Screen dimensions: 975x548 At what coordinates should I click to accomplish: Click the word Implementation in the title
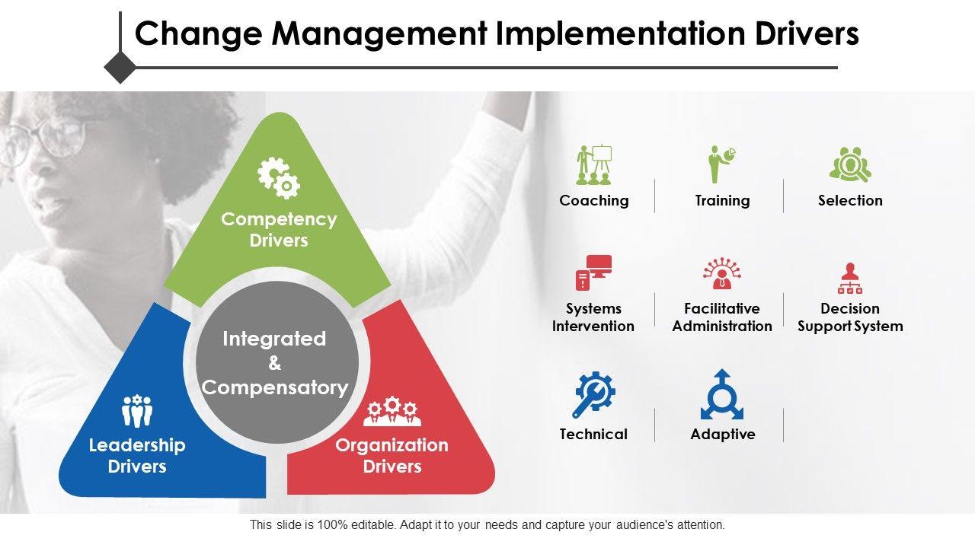click(621, 34)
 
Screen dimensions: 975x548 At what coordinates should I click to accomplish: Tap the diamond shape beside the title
click(120, 68)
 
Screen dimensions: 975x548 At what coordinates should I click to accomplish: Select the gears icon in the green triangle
click(279, 178)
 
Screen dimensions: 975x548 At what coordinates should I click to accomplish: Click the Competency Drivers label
click(279, 230)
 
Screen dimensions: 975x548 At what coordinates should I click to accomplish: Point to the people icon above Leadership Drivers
click(137, 410)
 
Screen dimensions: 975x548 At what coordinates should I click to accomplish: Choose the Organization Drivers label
click(392, 456)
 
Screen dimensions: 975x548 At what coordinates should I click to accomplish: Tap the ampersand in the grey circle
click(275, 363)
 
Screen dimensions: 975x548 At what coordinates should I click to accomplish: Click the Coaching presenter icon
click(594, 165)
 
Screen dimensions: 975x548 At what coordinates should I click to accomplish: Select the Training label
click(723, 200)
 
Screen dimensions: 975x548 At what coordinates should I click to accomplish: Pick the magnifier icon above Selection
click(850, 164)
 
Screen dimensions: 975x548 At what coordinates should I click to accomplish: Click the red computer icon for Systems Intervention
click(593, 272)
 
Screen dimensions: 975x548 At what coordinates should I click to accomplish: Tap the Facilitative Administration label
click(722, 317)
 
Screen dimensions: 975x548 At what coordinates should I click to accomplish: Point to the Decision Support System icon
click(850, 279)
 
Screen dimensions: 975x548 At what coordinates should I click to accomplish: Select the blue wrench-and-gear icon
click(593, 394)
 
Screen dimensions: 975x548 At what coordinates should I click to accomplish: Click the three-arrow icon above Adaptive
click(722, 394)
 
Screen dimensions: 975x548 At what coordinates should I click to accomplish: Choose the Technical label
click(593, 434)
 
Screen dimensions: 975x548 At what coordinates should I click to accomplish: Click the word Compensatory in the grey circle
click(275, 387)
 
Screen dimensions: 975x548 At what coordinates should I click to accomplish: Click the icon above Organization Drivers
click(392, 411)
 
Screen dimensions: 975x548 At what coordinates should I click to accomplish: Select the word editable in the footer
click(373, 525)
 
